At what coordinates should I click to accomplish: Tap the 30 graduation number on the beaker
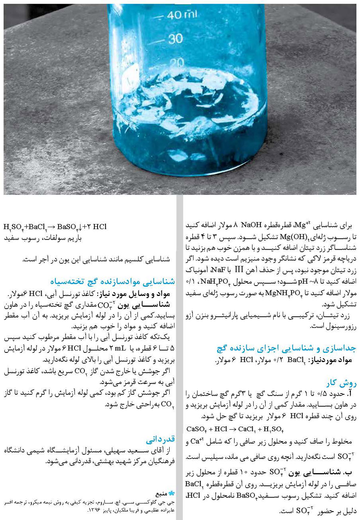click(x=175, y=39)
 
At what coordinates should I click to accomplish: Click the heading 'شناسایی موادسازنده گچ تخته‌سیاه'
click(x=112, y=281)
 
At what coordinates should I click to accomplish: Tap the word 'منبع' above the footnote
click(x=162, y=494)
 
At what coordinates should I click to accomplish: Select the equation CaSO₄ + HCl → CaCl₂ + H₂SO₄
click(x=235, y=429)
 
